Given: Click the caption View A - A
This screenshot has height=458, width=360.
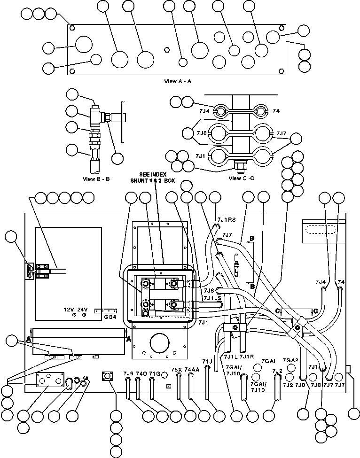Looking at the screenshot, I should (x=177, y=81).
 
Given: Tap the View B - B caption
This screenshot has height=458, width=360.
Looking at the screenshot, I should (x=95, y=179).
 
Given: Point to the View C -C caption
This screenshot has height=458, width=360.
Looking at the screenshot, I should (x=241, y=179).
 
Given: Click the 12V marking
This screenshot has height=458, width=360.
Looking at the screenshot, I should (x=69, y=310).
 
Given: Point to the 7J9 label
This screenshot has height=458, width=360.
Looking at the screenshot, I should (x=128, y=373).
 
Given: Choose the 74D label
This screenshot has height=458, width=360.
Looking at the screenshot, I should (x=141, y=373).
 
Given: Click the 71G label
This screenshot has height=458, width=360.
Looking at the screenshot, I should (x=155, y=373).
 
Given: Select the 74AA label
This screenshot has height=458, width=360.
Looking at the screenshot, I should (x=191, y=370).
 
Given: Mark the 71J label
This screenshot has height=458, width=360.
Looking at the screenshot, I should (x=207, y=361).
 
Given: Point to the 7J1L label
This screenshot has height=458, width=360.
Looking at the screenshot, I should (x=232, y=357).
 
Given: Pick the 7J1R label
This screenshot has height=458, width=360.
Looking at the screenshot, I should (x=247, y=357).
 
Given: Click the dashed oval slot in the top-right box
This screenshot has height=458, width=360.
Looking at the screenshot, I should (x=321, y=230).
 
